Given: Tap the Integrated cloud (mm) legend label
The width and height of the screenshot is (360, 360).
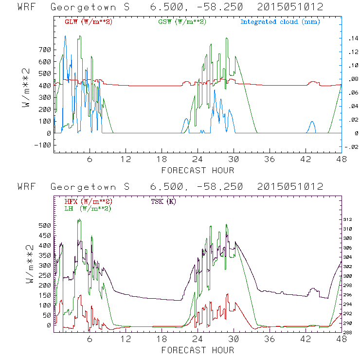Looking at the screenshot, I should click(x=280, y=22).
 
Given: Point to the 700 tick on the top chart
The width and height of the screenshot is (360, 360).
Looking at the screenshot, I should click(x=45, y=50).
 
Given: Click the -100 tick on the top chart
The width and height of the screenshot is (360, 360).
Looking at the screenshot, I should click(x=43, y=145).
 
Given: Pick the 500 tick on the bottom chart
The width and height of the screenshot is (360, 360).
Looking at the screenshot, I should click(x=45, y=226).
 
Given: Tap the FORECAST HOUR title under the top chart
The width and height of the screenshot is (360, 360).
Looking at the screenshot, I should click(x=198, y=170).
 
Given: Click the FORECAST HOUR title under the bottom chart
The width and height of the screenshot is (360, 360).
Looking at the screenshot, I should click(x=198, y=350).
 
